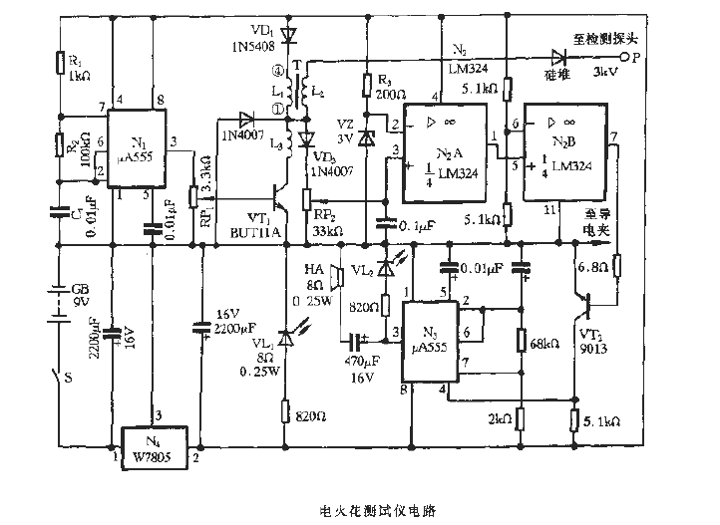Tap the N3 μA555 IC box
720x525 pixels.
pos(430,339)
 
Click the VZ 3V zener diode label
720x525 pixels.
pos(346,131)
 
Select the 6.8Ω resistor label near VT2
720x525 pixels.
pos(589,266)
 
